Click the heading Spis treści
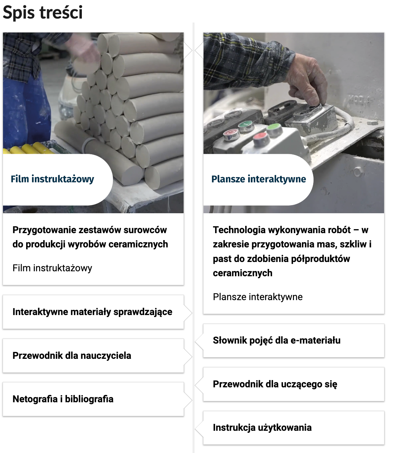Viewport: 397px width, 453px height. [42, 13]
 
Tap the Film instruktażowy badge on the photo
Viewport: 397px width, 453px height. [52, 179]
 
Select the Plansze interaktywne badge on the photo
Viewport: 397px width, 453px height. [258, 179]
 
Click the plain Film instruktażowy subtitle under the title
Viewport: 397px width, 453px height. [52, 268]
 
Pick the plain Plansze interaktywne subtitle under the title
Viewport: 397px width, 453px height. [257, 297]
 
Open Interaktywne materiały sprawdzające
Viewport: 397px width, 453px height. [92, 312]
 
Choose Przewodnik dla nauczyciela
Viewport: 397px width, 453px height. [72, 356]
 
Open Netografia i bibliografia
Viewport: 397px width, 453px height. [63, 399]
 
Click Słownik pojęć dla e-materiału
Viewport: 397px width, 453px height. [276, 340]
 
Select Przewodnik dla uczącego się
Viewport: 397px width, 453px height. [275, 384]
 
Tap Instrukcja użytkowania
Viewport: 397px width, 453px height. [262, 427]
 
